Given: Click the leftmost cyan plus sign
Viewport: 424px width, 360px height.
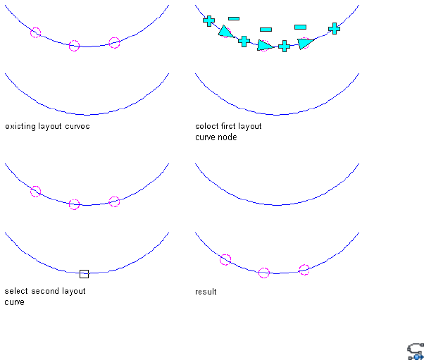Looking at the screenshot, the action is click(208, 21).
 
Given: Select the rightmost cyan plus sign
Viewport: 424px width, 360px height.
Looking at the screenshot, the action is click(334, 28).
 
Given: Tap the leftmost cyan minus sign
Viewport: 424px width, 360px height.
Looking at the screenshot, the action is click(233, 18).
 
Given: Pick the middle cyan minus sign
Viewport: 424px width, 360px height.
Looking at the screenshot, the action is click(266, 30).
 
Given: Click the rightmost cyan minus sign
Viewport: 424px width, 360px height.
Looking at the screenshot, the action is click(300, 27).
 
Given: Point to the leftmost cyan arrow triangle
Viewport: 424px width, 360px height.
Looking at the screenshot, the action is click(225, 31).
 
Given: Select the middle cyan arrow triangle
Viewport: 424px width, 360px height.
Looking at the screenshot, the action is click(265, 46).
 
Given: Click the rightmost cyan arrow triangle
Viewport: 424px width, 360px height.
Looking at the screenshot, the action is click(304, 43).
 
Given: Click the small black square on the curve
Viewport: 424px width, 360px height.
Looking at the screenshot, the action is click(84, 273).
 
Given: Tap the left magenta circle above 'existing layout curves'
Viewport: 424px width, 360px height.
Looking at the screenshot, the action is click(36, 32).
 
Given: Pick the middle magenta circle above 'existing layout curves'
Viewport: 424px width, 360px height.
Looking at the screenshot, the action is click(75, 46).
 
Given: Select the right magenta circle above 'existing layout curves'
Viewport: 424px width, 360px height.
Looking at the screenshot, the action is click(115, 43).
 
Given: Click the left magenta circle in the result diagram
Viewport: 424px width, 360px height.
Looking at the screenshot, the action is click(225, 259).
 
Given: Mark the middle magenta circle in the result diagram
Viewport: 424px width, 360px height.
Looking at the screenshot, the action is click(264, 273).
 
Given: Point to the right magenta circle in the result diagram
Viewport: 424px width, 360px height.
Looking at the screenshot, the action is click(304, 269).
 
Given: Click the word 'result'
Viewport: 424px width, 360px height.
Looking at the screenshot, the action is click(206, 292).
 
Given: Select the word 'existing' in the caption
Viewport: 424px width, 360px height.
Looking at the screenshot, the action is click(19, 127).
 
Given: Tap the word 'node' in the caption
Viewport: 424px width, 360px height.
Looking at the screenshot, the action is click(227, 137).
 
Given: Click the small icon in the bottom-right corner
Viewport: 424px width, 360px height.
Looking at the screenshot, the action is click(415, 352).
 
